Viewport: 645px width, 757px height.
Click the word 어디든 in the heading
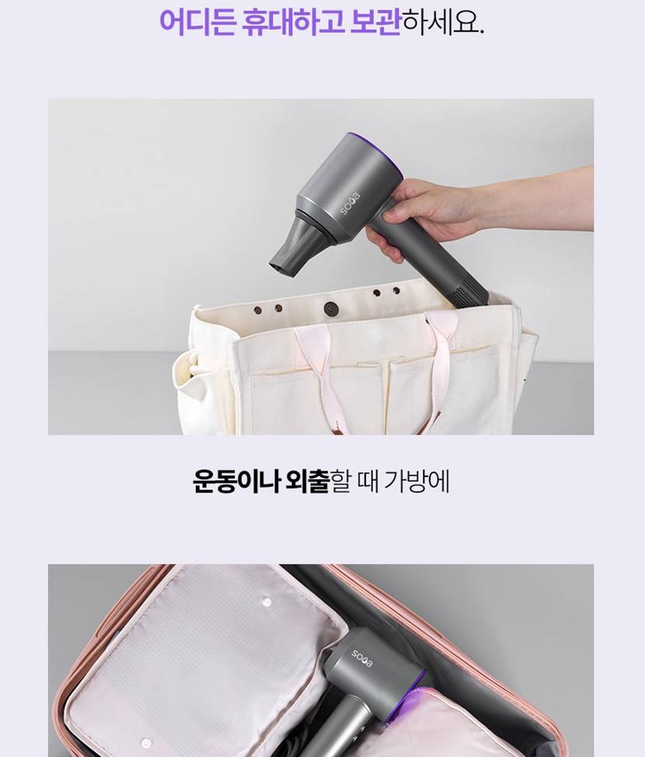click(197, 21)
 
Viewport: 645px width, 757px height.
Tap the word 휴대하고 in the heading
click(293, 21)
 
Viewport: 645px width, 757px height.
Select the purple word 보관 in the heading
click(375, 21)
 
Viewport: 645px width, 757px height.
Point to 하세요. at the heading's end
click(442, 21)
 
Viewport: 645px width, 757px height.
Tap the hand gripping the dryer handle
click(424, 212)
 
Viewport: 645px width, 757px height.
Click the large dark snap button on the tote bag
click(331, 307)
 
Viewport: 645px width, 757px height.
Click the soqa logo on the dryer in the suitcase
click(362, 658)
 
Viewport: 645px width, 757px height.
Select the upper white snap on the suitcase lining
click(266, 601)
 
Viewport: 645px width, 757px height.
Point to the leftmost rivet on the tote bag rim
click(258, 310)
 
